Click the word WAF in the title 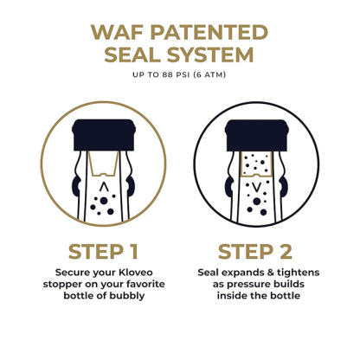115,32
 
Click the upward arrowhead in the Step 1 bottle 104,186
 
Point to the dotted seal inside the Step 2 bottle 256,164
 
